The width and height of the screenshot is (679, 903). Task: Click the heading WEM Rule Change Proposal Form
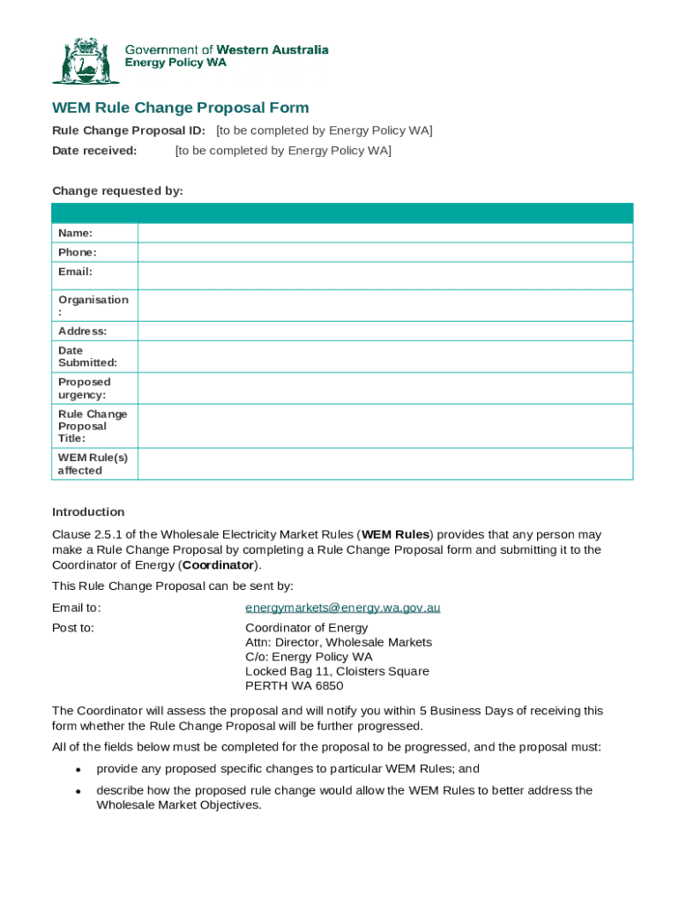[181, 108]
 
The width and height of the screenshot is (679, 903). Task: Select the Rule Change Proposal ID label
[129, 131]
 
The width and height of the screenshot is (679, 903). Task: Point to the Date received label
[94, 151]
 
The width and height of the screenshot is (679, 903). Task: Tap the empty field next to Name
[384, 233]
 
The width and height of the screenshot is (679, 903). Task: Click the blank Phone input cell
[384, 252]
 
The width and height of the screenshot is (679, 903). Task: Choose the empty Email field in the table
[384, 275]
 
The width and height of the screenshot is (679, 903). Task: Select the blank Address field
[384, 331]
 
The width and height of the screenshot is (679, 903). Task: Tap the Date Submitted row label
[87, 356]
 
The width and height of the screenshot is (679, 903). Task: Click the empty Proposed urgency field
[384, 388]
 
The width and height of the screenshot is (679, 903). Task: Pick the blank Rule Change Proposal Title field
[384, 426]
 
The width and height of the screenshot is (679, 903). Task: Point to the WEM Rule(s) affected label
[93, 464]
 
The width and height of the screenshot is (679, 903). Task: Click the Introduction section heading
[88, 512]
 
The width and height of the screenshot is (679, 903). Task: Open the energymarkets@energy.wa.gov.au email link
[342, 608]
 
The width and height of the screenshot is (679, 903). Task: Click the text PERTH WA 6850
[294, 686]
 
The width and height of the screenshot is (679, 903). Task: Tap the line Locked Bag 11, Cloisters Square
[337, 671]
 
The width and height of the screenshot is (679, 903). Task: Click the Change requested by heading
[117, 190]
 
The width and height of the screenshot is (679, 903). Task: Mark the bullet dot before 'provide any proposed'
[78, 770]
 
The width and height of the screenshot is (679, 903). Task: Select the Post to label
[73, 628]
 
